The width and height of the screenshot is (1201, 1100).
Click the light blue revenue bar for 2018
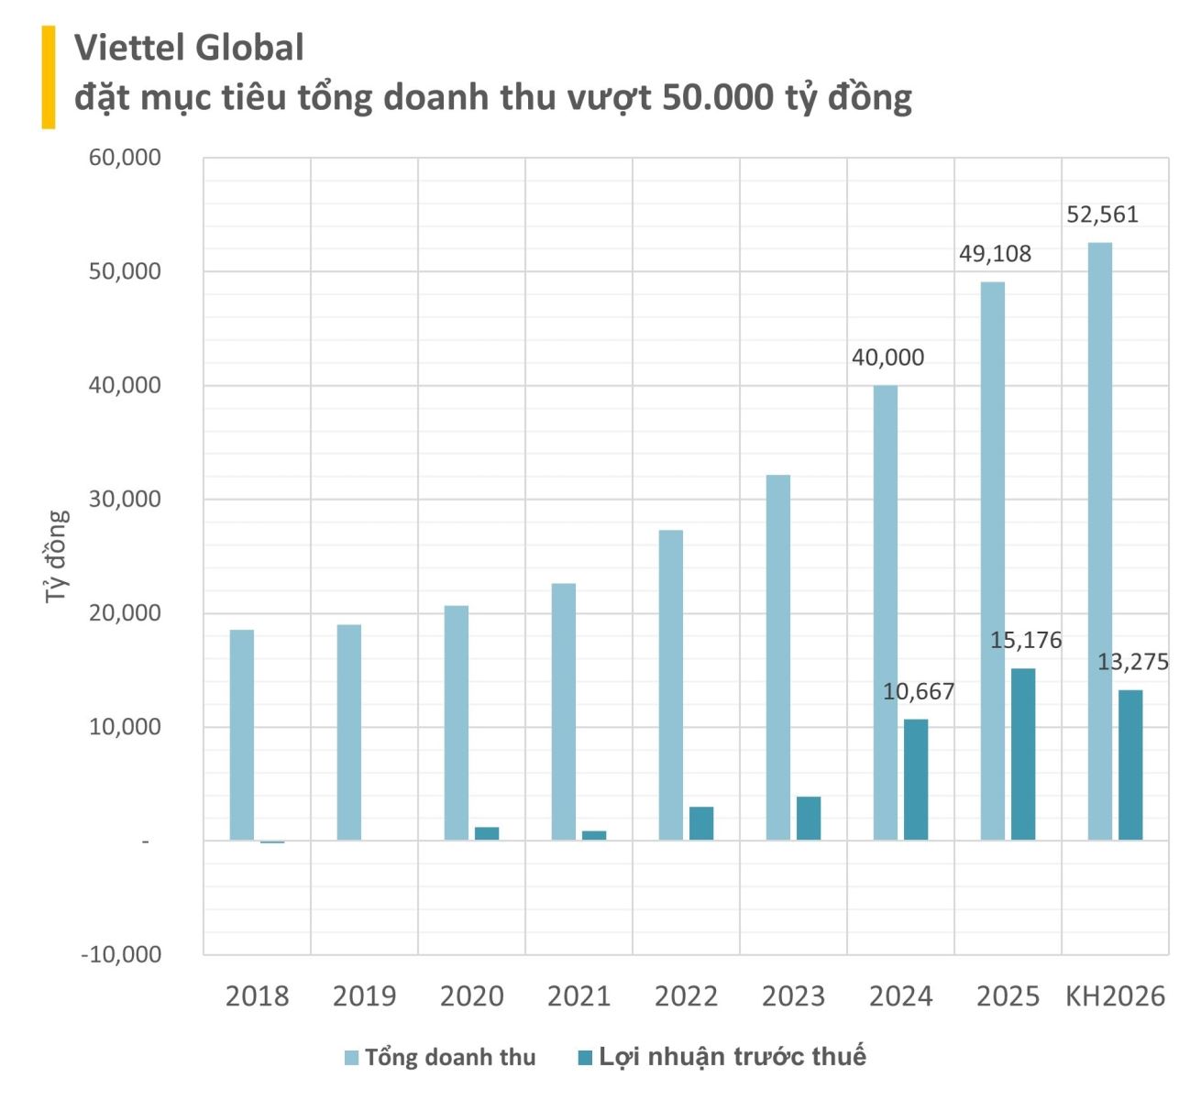tap(242, 734)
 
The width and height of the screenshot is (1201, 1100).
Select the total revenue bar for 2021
tap(564, 711)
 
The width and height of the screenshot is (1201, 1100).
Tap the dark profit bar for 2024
tap(916, 779)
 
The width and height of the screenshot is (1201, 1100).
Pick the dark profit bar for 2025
tap(1023, 753)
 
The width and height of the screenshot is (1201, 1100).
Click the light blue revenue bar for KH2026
tap(1100, 541)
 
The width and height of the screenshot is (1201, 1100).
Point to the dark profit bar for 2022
tap(701, 823)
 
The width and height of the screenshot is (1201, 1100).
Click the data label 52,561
tap(1102, 214)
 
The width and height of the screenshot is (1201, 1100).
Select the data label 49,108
tap(995, 254)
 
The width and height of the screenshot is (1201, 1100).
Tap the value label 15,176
tap(1025, 640)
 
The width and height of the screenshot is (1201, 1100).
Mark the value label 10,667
tap(919, 691)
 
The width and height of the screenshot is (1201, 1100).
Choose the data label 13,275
tap(1133, 662)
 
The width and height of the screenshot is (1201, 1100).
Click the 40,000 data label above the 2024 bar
tap(887, 357)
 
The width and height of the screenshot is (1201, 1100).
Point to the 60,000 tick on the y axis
tap(125, 158)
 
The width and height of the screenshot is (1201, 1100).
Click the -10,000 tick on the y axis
tap(121, 954)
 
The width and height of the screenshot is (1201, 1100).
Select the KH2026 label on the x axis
tap(1115, 996)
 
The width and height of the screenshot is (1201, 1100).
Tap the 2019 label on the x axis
tap(364, 996)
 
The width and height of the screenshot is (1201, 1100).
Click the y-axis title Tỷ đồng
tap(57, 555)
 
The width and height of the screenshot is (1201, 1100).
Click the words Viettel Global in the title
tap(189, 48)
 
